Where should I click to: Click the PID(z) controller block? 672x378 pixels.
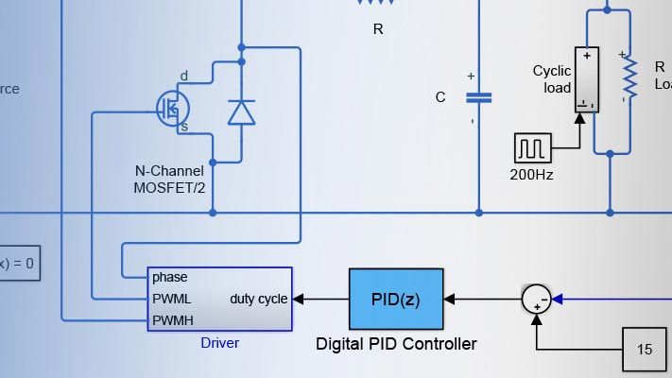point(396,300)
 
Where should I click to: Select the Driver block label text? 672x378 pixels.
point(220,343)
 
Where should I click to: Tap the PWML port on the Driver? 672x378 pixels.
point(171,299)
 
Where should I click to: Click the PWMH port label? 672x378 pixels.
point(173,320)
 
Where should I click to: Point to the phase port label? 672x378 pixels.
point(169,278)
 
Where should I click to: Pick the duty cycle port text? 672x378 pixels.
point(259,299)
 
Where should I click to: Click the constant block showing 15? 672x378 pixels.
point(645,350)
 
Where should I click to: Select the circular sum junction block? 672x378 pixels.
point(536,300)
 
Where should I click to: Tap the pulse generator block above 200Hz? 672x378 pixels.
point(532,148)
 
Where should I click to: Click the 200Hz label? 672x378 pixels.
point(532,174)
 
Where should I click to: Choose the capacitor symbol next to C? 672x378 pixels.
point(478,96)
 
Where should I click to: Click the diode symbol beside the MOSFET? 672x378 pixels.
point(241,112)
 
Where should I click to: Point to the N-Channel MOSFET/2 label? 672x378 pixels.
point(170,180)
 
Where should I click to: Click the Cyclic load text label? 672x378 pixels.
point(552,79)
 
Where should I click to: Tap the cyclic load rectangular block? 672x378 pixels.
point(587,80)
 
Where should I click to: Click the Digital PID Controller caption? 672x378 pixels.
point(396,344)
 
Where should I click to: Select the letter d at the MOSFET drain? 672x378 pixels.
point(183,76)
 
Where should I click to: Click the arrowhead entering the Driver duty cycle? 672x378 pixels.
point(298,300)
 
